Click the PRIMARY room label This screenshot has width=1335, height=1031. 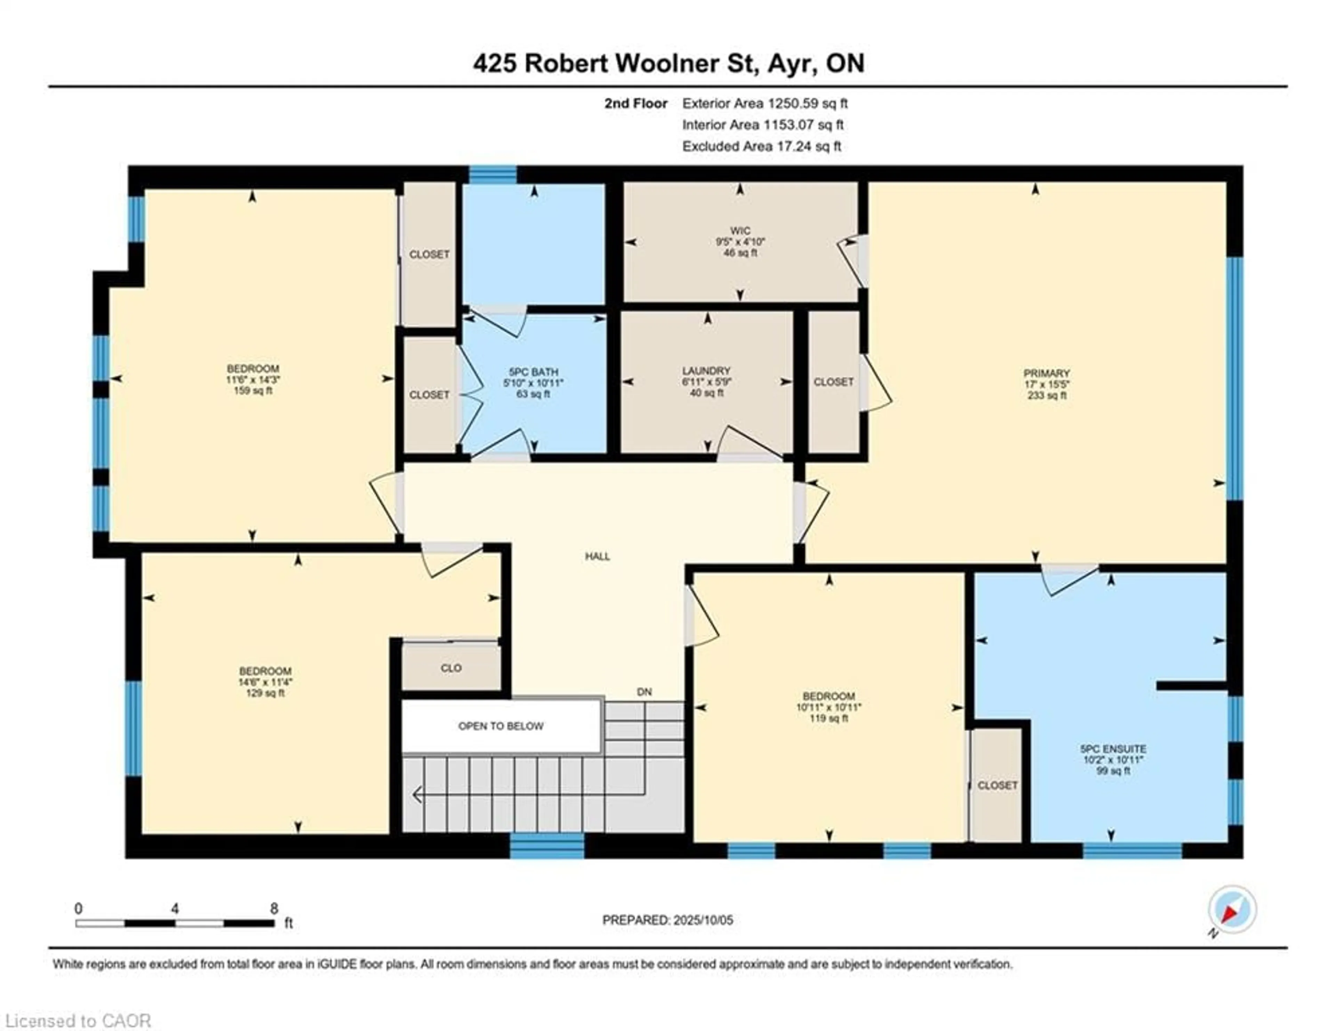coord(1046,373)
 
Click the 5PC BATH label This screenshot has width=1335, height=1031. coord(533,372)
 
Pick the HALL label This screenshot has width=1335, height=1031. coord(597,557)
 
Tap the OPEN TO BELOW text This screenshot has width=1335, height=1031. coord(501,726)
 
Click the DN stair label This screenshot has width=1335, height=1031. coord(644,692)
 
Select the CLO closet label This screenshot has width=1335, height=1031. coord(451,668)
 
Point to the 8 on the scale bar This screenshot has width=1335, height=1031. coord(274,909)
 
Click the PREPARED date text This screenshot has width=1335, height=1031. coord(667,920)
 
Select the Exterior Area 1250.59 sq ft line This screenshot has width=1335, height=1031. coord(765,103)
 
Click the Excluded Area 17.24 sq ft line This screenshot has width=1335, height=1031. coord(762,146)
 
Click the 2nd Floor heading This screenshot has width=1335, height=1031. coord(636,103)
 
